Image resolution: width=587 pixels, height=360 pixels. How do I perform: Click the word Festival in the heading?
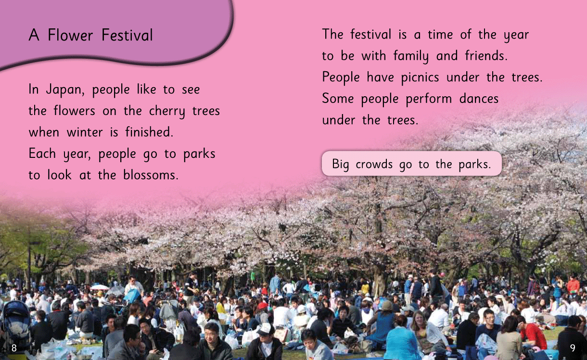(x=127, y=35)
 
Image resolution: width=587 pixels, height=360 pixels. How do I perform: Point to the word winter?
(x=85, y=132)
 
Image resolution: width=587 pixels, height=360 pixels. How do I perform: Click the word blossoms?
(x=151, y=175)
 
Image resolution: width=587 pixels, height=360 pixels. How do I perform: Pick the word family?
(x=411, y=56)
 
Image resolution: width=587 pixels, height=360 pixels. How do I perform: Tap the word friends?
(x=486, y=55)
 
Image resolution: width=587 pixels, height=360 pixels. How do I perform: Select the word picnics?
(x=420, y=78)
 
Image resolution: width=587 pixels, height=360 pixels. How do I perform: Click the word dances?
(x=479, y=99)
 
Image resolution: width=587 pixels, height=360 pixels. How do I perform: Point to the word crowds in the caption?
(x=374, y=165)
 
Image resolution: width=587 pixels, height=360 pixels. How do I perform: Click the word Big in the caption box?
(x=340, y=165)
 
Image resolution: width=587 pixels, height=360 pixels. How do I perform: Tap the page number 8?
(x=14, y=348)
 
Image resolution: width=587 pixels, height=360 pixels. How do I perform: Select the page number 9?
(x=573, y=348)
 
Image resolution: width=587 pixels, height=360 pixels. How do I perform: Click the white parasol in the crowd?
(x=99, y=287)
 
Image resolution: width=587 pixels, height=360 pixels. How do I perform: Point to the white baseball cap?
(x=265, y=329)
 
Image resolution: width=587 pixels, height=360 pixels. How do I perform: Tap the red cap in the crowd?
(x=263, y=306)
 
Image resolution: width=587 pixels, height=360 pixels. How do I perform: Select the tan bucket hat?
(x=386, y=306)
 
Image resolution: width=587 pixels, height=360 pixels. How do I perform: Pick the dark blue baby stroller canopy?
(x=16, y=313)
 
